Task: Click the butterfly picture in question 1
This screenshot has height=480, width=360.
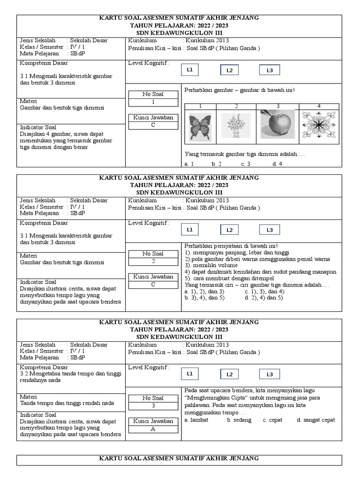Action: pyautogui.click(x=200, y=126)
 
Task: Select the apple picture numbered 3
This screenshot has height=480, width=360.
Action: pyautogui.click(x=275, y=125)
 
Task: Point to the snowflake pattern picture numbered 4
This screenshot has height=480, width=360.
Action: pyautogui.click(x=318, y=126)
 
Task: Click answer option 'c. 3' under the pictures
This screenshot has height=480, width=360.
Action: pyautogui.click(x=246, y=164)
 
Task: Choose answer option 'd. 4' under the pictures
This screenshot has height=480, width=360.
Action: pyautogui.click(x=277, y=164)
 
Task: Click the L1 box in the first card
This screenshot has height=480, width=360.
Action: pyautogui.click(x=190, y=70)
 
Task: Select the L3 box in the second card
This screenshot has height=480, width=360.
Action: pyautogui.click(x=270, y=230)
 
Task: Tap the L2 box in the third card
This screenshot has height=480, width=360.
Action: pyautogui.click(x=230, y=374)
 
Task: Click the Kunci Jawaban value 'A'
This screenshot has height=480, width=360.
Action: pyautogui.click(x=153, y=429)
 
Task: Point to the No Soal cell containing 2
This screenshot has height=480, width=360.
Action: pyautogui.click(x=153, y=262)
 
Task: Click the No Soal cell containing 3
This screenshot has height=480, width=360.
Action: pyautogui.click(x=153, y=406)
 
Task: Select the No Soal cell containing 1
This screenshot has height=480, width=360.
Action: pyautogui.click(x=153, y=102)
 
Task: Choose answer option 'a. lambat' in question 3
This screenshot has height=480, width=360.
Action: pyautogui.click(x=196, y=420)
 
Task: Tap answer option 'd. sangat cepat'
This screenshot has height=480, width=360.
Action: pyautogui.click(x=316, y=420)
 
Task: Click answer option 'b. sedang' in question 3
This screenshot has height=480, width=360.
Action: pyautogui.click(x=238, y=420)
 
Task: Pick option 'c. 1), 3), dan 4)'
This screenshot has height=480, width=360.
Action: pyautogui.click(x=264, y=291)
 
